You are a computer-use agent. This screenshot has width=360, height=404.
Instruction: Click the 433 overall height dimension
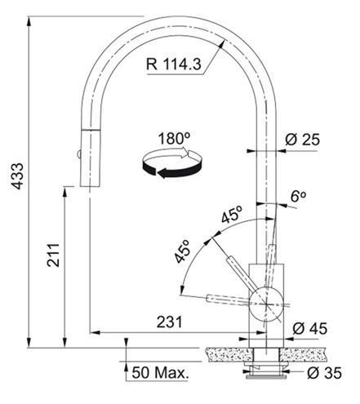point(19,175)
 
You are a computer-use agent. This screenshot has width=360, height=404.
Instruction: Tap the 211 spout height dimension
point(53,255)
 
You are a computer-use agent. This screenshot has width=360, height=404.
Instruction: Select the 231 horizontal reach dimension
point(169,322)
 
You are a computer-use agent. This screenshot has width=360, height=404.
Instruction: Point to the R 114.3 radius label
point(173,64)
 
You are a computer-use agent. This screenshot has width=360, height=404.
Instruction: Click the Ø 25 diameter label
point(302,140)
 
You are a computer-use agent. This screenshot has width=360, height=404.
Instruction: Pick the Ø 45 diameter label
point(309,328)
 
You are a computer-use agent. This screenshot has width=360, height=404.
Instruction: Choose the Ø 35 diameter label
point(324,373)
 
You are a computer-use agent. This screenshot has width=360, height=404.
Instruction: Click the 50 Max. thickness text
point(160,372)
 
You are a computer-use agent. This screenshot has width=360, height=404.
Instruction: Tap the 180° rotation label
point(174,139)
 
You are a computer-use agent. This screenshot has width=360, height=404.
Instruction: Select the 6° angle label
point(298,196)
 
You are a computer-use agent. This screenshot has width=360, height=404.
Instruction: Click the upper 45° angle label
point(232,214)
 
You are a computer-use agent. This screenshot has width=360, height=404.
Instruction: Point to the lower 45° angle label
point(182,251)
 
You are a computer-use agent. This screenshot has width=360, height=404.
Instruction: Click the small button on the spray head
point(78,154)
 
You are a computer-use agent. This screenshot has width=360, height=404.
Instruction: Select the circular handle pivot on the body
point(266,304)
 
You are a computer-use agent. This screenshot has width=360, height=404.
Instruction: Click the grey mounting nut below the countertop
point(266,376)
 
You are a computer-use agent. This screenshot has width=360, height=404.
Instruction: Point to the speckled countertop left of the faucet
point(229,354)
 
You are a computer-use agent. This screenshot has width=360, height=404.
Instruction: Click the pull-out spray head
point(91,158)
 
